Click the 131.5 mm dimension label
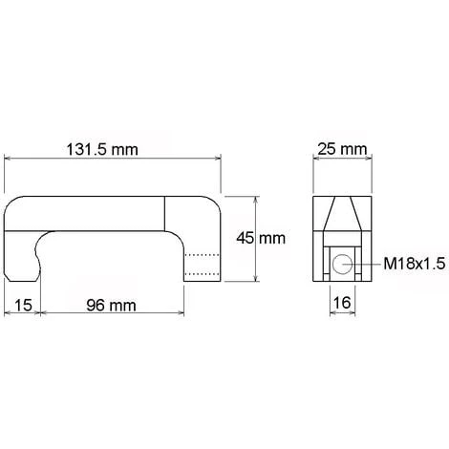point(102,149)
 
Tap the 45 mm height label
point(261,238)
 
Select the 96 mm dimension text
point(111,306)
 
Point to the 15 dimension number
point(23,306)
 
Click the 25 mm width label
point(342,149)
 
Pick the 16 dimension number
point(342,303)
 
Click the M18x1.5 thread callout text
point(415,264)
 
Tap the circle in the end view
point(342,264)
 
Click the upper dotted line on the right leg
point(202,255)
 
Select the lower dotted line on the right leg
point(202,273)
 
